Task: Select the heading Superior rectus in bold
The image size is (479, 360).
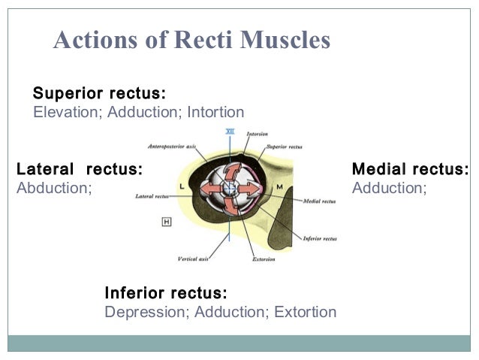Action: (x=99, y=94)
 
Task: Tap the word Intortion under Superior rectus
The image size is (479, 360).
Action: (x=215, y=113)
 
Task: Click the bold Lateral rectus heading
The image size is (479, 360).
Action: (x=79, y=169)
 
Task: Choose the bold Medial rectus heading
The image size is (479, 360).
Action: (x=411, y=169)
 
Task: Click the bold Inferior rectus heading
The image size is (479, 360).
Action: (x=166, y=292)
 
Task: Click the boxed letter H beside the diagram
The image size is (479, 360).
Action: (x=166, y=221)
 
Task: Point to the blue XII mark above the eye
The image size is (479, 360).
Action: (x=230, y=131)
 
